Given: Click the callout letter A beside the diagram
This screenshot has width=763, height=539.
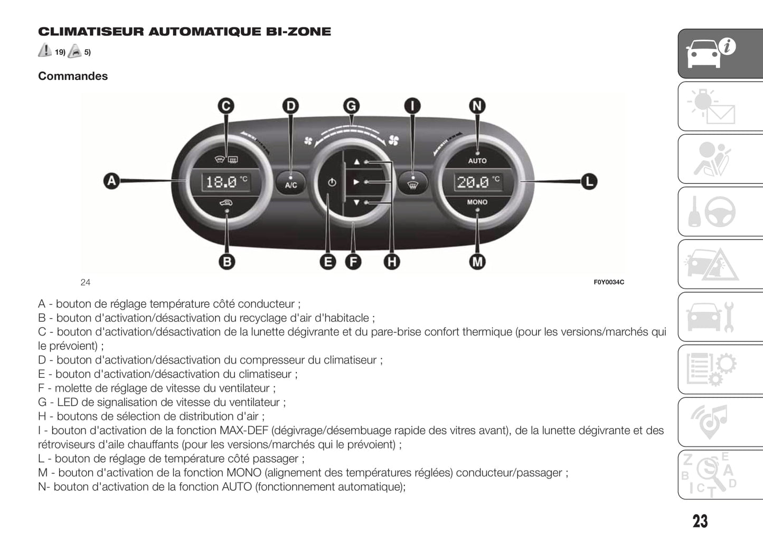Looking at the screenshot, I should (111, 181).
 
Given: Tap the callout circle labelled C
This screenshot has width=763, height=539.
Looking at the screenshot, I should (226, 106).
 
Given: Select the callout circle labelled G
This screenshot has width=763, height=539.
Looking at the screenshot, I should (351, 106).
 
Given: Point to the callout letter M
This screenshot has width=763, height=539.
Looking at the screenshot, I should (477, 261).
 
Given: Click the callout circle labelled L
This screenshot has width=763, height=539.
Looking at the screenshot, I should (589, 182).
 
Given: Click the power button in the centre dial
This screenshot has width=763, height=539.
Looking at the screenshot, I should (332, 182).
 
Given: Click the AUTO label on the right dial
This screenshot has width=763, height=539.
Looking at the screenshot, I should (477, 161).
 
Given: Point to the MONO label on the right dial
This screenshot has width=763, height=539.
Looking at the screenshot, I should (477, 202).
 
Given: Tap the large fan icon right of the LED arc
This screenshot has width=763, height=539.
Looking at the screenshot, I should (393, 140).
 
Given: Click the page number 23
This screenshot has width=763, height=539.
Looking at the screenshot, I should (700, 521).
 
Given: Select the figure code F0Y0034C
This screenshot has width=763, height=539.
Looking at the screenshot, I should (609, 282).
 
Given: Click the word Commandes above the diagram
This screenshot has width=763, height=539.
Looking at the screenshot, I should (73, 76).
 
